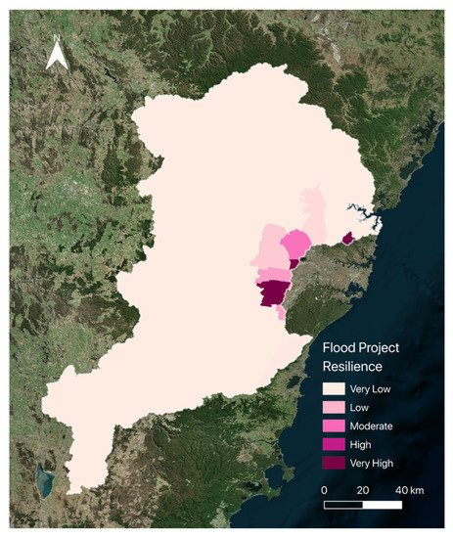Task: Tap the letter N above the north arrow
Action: pyautogui.click(x=58, y=40)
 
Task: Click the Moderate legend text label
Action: pyautogui.click(x=376, y=426)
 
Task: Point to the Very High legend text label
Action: pyautogui.click(x=377, y=463)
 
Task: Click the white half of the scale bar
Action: pyautogui.click(x=343, y=505)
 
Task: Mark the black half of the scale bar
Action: pyautogui.click(x=382, y=505)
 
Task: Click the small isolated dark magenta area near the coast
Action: pyautogui.click(x=348, y=236)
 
